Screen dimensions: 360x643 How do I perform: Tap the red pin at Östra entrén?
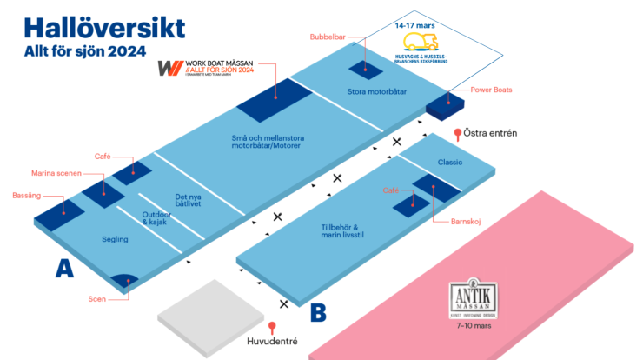[x=457, y=134]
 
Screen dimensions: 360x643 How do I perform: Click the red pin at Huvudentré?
[x=272, y=328]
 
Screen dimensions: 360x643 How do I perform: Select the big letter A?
[x=63, y=270]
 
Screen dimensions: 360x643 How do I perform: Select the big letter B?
[x=318, y=310]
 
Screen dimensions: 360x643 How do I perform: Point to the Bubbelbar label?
[x=328, y=37]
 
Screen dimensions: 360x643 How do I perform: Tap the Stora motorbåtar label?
[x=377, y=90]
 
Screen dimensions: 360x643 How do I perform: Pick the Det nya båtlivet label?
[x=194, y=201]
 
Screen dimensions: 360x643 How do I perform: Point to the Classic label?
[x=450, y=163]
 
